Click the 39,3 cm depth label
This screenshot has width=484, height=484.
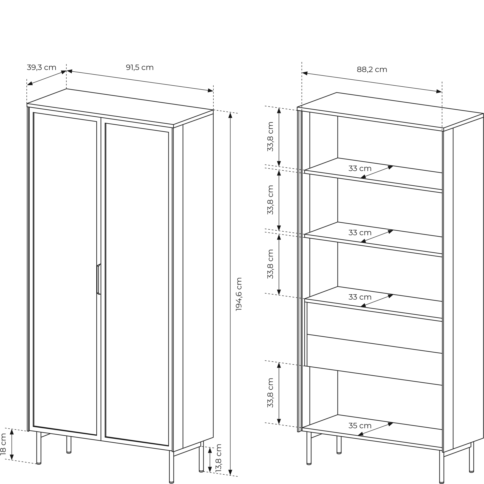(x=42, y=67)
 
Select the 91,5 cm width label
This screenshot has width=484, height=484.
(x=140, y=67)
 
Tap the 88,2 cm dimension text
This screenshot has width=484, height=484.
(x=372, y=69)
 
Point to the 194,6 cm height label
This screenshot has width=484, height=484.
(x=239, y=294)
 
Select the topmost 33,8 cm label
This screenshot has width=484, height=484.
(x=270, y=136)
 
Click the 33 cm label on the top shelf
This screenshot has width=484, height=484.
(x=360, y=169)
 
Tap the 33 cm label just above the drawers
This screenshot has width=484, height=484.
(x=360, y=297)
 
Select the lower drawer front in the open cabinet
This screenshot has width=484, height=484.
(x=375, y=360)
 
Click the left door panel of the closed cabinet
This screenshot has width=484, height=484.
(x=65, y=274)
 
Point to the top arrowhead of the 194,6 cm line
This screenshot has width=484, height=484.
(x=230, y=115)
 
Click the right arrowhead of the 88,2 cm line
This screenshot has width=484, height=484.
(x=439, y=92)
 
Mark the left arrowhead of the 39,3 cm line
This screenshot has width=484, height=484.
(x=30, y=83)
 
